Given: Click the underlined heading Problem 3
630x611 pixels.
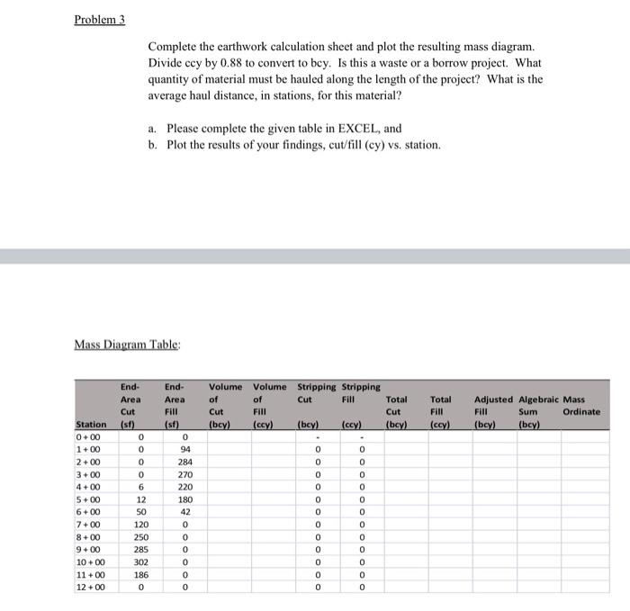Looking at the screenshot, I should (100, 20).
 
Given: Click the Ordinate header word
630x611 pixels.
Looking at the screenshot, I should (581, 411).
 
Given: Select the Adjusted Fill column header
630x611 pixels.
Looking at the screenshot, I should (493, 405).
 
